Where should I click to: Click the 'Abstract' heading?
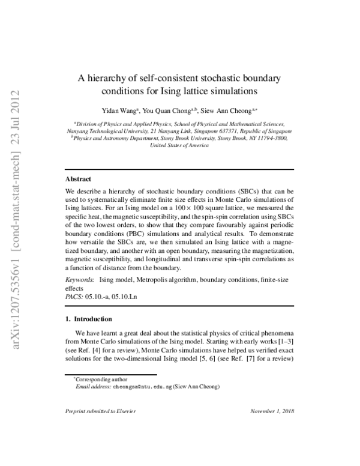point(78,179)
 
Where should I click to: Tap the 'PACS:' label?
point(74,297)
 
